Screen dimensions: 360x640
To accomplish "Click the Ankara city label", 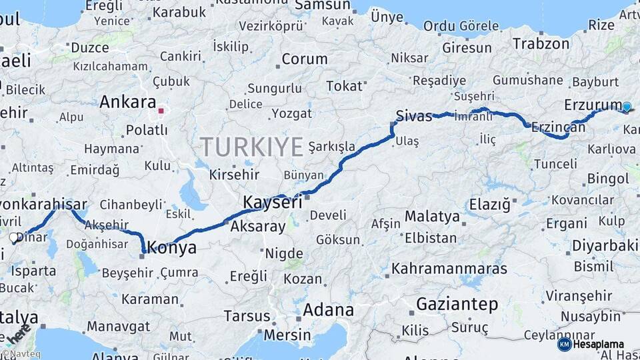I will (127, 102).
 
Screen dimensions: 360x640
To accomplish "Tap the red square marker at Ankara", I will (161, 110).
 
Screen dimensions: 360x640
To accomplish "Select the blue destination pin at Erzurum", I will (626, 106).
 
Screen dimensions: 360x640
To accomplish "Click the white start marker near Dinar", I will (13, 237).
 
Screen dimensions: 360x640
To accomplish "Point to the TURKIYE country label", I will (252, 147).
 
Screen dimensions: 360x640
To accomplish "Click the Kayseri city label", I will (272, 202).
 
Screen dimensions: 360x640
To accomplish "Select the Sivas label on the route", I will (414, 115).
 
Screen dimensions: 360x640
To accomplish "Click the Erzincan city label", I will (558, 127).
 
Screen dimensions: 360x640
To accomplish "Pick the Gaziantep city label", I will (457, 305).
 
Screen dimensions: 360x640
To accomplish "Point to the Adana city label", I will (328, 310).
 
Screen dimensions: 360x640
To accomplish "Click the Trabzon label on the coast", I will (541, 45).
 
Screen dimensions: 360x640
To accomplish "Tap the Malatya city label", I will (432, 216).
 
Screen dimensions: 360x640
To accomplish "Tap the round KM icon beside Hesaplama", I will (564, 344).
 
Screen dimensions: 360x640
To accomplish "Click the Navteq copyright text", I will (21, 355).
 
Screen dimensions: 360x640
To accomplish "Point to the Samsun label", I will (322, 5).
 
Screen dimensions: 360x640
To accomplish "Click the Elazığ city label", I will (489, 204).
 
